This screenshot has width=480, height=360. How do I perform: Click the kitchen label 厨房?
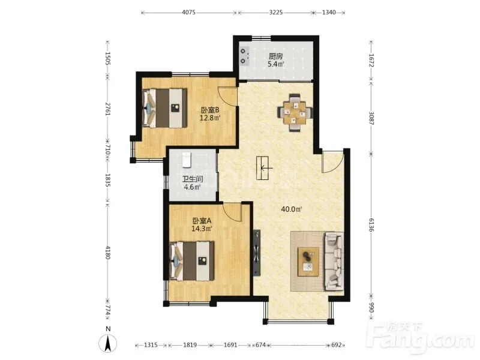coord(275,56)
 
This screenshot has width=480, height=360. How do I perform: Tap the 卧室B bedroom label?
coord(210,110)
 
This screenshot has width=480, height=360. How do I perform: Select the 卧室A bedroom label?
coord(202,221)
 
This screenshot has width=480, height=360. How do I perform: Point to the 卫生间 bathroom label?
coord(193,179)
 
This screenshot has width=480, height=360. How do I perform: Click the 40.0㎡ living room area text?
coord(292,209)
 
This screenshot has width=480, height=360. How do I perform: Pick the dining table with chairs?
coord(295,113)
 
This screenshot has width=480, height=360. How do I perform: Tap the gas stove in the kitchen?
coord(244,56)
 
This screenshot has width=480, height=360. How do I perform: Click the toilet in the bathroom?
coord(187,160)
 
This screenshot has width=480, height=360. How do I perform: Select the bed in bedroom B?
coord(164,108)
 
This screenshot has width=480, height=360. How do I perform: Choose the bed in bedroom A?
coord(191,261)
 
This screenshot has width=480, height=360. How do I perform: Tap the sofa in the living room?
coord(334,261)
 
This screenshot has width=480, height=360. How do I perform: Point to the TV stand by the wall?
coord(257,253)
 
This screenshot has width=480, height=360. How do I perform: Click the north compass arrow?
coord(107,343)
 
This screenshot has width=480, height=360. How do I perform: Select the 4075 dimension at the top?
coord(188,13)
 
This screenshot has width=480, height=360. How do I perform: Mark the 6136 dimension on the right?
coord(371,224)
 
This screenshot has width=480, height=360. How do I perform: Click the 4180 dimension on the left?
coord(107,252)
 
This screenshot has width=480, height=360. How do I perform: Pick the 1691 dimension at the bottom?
coord(230,345)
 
